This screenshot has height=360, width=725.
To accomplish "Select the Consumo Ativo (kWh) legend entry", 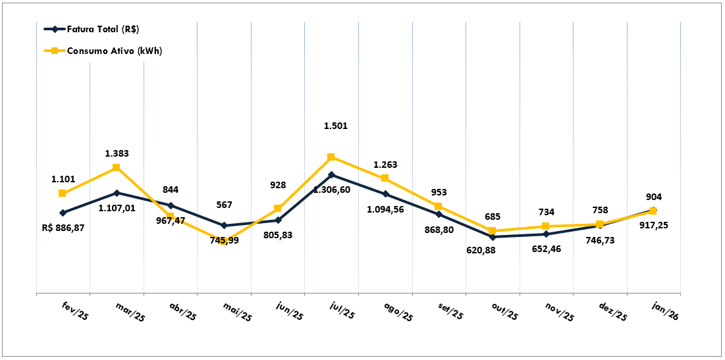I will coord(103,51).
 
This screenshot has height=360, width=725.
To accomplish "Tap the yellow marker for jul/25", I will coord(331,157).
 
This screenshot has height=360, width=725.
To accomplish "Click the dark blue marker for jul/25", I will coord(331,175).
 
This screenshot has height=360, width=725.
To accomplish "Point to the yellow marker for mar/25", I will coord(117,168).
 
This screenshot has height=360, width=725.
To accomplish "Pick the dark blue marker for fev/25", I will coord(63,213).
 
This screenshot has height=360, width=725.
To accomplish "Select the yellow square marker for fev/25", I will coord(63,193).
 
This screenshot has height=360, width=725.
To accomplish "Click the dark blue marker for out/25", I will coord(492,237).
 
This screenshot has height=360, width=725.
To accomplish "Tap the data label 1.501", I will coord(336,126).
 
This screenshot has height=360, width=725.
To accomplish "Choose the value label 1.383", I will coord(117,153).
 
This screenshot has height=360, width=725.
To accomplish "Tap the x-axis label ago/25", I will coord(399,312).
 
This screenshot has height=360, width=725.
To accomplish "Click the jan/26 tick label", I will coord(665,310).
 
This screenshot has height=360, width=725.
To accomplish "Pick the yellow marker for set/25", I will coord(439,207).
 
